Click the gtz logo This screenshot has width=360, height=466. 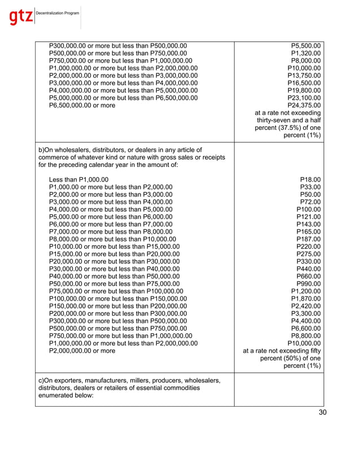(x=21, y=17)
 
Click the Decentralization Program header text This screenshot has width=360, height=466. (x=58, y=12)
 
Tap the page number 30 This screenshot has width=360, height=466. (x=322, y=412)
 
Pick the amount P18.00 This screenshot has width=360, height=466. (x=310, y=179)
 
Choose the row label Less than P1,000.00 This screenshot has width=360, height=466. (x=79, y=179)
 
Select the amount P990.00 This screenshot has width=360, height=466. (x=309, y=283)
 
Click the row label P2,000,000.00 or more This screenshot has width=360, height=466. (x=82, y=350)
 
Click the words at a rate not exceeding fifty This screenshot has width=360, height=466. (x=282, y=350)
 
